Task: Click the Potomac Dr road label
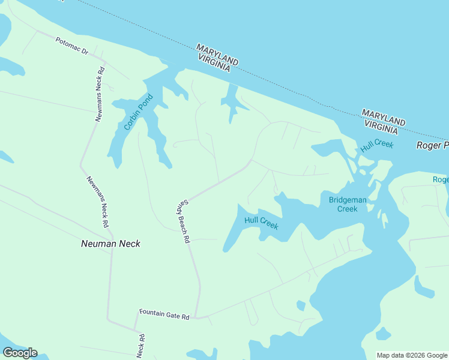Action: click(72, 47)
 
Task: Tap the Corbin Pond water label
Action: click(136, 112)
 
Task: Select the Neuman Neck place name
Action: click(110, 244)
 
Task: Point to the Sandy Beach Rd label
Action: click(182, 221)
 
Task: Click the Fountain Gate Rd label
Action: click(164, 313)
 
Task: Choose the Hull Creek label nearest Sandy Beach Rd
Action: click(261, 223)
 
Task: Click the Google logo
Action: click(20, 352)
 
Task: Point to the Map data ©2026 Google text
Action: click(412, 355)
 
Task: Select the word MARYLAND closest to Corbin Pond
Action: click(217, 55)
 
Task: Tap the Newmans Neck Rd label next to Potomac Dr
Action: click(100, 94)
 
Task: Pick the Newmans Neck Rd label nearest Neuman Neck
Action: click(97, 201)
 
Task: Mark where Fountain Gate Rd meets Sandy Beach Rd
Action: click(197, 316)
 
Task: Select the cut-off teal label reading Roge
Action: click(441, 179)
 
